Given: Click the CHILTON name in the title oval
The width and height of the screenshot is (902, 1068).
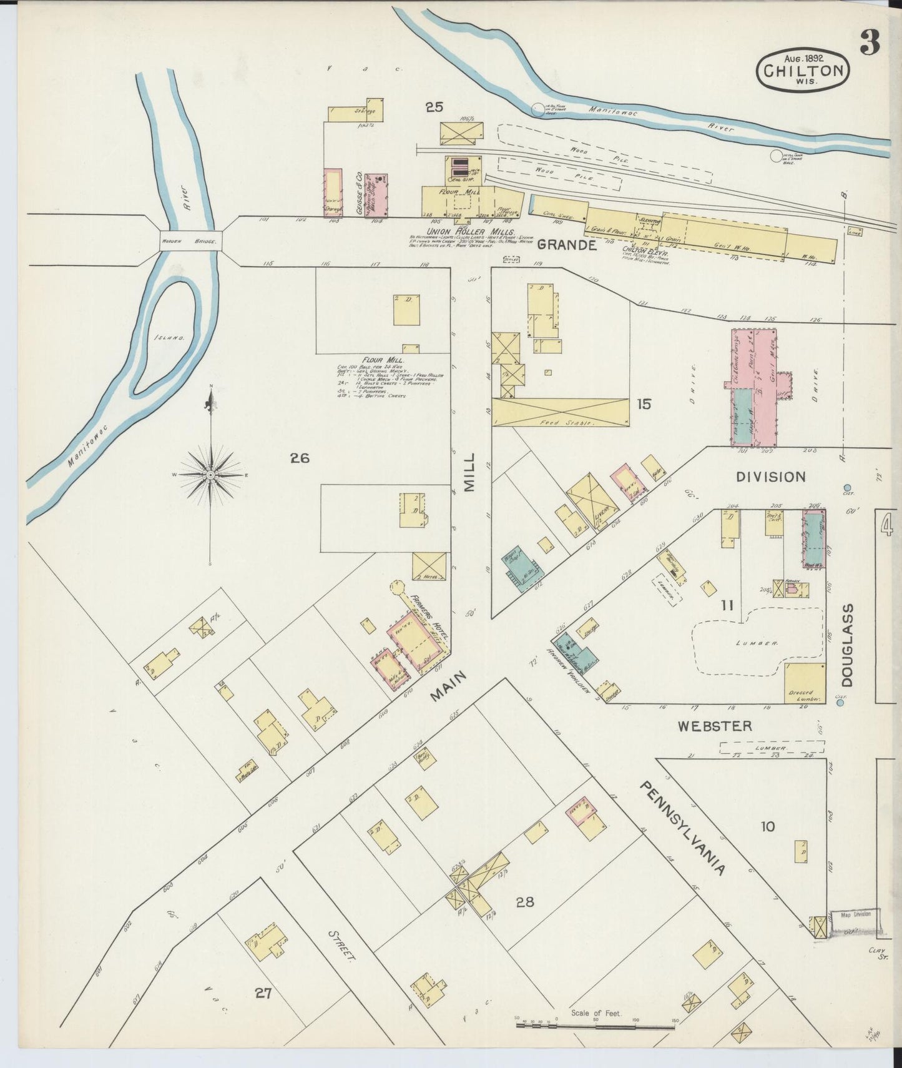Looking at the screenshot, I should point(802,70).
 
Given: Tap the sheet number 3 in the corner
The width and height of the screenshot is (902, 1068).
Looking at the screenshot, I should point(870,43).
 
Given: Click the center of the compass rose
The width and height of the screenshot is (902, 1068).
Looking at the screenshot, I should point(211,475).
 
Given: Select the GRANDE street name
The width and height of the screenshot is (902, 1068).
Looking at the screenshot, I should point(566,245).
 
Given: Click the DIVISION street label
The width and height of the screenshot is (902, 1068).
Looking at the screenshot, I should point(770,477).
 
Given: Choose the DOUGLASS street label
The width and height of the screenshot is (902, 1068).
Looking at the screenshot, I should point(848,645).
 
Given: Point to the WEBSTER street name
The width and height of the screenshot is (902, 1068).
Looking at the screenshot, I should point(715,726).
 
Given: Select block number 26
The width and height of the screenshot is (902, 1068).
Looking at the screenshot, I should point(299,458).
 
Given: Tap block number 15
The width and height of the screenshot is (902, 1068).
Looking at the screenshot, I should point(644,404).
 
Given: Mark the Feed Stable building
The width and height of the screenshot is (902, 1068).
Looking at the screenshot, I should point(560,413).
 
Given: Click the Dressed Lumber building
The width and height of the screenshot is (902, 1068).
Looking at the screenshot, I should point(805,685).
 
